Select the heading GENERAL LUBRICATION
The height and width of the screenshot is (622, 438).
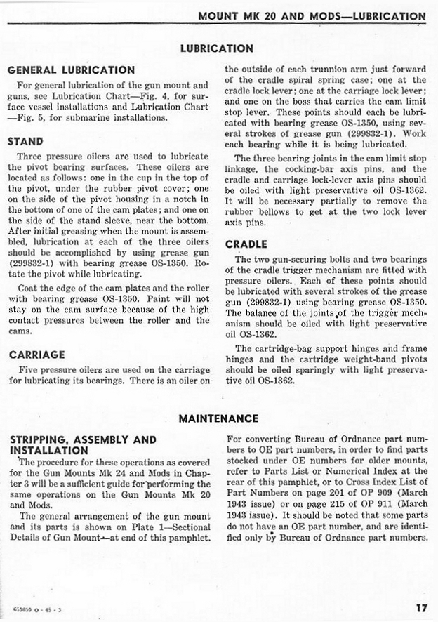coord(71,70)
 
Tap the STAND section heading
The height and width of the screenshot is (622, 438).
coord(25,141)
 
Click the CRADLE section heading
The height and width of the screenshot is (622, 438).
coord(246,244)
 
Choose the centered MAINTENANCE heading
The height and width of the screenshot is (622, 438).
coord(218,418)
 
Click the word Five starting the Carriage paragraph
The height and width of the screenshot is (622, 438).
coord(29,370)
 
